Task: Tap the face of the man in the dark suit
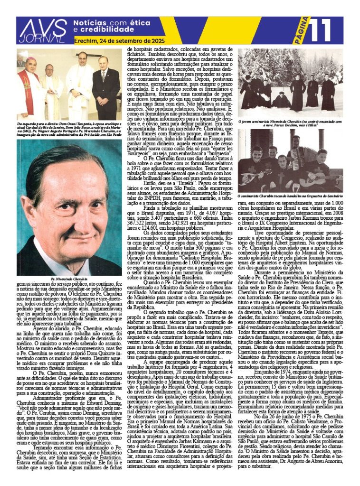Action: pos(104,63)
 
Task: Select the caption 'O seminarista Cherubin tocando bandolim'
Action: pos(290,196)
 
